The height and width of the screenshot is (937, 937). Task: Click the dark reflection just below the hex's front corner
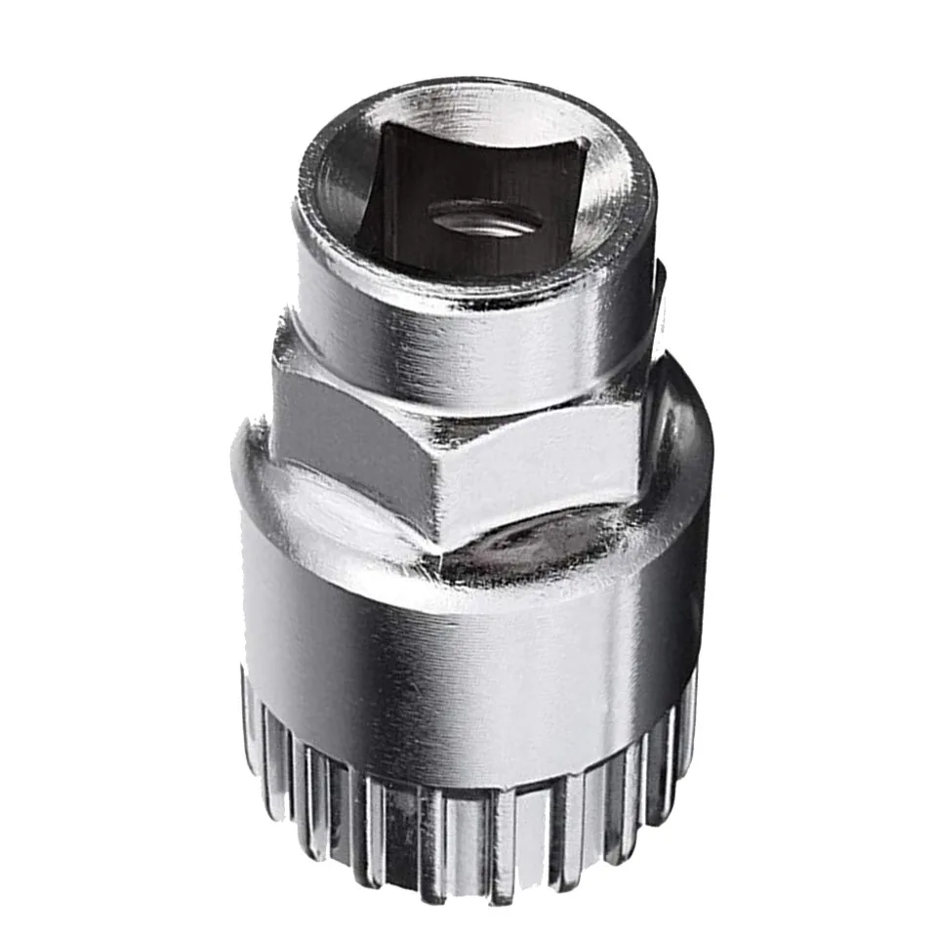click(x=508, y=556)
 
